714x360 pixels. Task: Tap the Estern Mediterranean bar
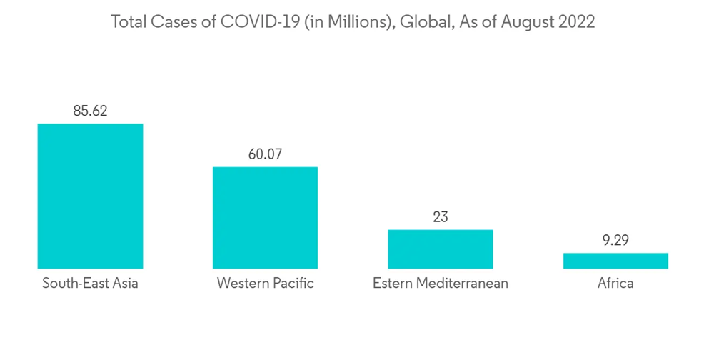click(x=440, y=249)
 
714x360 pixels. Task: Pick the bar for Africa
click(x=615, y=261)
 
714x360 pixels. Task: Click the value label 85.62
click(x=90, y=111)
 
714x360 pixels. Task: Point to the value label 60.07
click(x=265, y=154)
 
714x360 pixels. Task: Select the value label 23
click(x=440, y=217)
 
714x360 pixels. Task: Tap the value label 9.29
click(x=615, y=241)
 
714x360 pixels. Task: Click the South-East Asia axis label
click(x=90, y=284)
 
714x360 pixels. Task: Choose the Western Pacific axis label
click(x=265, y=284)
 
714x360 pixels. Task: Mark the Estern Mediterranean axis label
click(x=440, y=284)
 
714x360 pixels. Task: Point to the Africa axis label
click(x=615, y=284)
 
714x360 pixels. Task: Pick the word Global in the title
click(x=421, y=22)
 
